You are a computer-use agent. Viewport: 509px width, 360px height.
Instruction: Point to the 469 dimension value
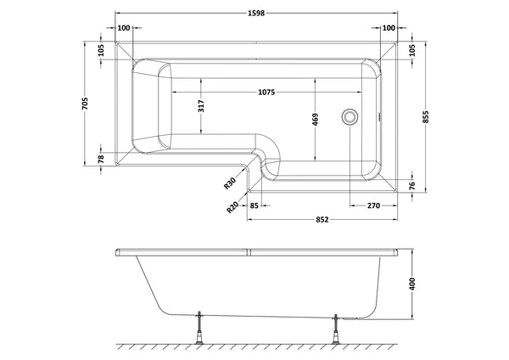316,120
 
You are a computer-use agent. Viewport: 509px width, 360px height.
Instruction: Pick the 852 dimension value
322,219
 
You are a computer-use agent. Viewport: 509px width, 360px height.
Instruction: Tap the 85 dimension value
255,204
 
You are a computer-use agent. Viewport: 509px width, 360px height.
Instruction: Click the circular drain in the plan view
349,118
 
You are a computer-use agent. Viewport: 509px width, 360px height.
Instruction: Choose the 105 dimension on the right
412,50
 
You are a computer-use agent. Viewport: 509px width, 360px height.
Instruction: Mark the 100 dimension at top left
126,29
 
